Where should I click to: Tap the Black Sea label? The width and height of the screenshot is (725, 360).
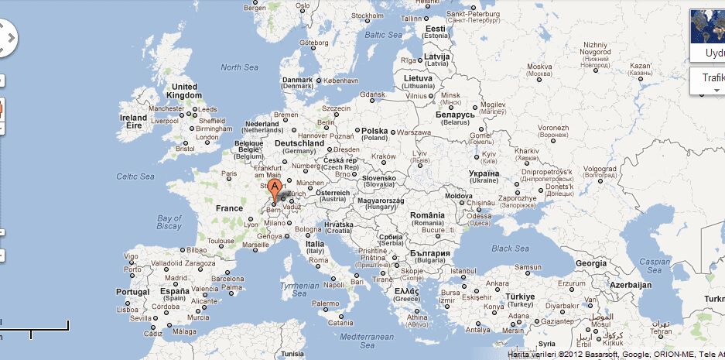pyautogui.click(x=510, y=249)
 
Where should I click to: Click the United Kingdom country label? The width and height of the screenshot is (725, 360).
pyautogui.click(x=184, y=91)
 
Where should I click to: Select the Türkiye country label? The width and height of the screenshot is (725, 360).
pyautogui.click(x=520, y=297)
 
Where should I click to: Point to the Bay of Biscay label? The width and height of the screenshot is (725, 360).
pyautogui.click(x=169, y=222)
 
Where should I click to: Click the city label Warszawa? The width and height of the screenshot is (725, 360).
pyautogui.click(x=414, y=132)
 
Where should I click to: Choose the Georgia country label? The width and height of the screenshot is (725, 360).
pyautogui.click(x=591, y=263)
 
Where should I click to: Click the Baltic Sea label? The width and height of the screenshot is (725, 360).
pyautogui.click(x=383, y=35)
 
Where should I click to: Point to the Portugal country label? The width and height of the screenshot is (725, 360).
pyautogui.click(x=132, y=292)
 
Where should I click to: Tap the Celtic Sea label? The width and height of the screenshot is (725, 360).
pyautogui.click(x=135, y=177)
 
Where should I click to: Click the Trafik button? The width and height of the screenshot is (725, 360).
pyautogui.click(x=710, y=78)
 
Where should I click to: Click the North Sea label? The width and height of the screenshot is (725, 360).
pyautogui.click(x=239, y=67)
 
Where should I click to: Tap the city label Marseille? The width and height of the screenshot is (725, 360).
pyautogui.click(x=256, y=245)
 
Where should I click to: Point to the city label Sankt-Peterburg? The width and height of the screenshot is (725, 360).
pyautogui.click(x=474, y=13)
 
